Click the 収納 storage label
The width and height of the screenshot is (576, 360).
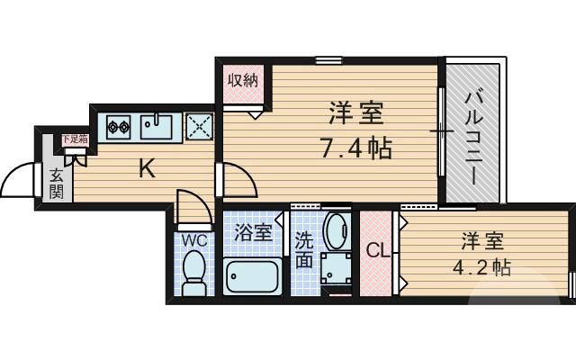click(x=242, y=79)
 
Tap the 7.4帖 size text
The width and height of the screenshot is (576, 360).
click(x=356, y=148)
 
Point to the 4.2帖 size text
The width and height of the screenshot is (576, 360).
click(x=486, y=267)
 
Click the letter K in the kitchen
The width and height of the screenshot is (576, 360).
click(x=146, y=168)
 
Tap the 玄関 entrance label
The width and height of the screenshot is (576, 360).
click(x=55, y=184)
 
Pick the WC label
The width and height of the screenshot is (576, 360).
click(x=194, y=240)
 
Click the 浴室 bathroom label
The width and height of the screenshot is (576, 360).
click(x=253, y=233)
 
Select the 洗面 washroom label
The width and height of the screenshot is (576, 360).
click(x=302, y=251)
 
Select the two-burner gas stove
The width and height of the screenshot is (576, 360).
click(x=119, y=127)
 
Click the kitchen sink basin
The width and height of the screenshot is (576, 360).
click(x=159, y=127)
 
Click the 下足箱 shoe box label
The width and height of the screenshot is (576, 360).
click(x=74, y=139)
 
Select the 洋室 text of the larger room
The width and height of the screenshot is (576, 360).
click(x=356, y=114)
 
